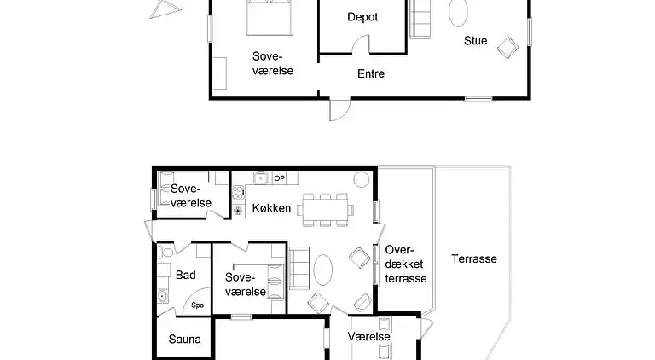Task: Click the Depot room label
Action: (x=362, y=17)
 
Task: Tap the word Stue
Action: (x=476, y=40)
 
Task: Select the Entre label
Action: (x=370, y=74)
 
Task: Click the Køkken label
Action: (x=272, y=208)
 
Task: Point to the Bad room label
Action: (x=185, y=275)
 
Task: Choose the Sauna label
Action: (x=184, y=340)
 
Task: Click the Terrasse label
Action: (x=474, y=258)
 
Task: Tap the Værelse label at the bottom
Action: (x=369, y=337)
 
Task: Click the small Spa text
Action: (x=197, y=305)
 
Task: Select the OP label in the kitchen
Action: (x=278, y=178)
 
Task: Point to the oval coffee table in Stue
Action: (x=459, y=14)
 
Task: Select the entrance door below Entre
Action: (x=339, y=109)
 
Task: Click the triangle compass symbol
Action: (x=165, y=9)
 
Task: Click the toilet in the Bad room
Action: (x=167, y=253)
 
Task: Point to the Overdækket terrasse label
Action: (x=405, y=264)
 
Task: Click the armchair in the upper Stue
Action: (x=507, y=47)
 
